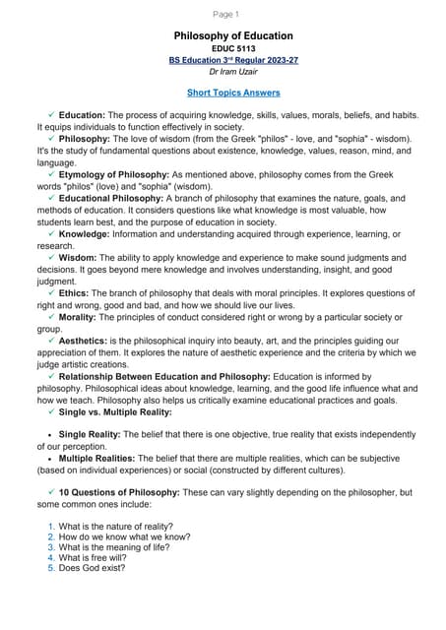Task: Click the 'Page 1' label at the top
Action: click(x=225, y=14)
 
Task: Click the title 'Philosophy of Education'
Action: click(x=233, y=36)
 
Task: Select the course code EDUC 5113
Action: click(x=232, y=48)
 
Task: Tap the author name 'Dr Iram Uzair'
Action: click(x=233, y=71)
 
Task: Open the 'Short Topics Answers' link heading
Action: click(x=233, y=93)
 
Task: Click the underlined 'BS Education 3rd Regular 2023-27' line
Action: click(x=233, y=59)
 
